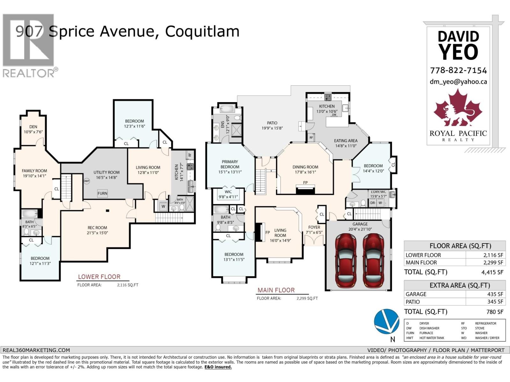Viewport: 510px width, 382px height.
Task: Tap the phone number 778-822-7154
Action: click(x=458, y=70)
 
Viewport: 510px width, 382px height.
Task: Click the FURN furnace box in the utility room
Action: click(x=102, y=193)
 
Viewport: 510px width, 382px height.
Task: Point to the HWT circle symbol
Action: click(x=87, y=181)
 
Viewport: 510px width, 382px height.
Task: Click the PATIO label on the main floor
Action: click(x=272, y=123)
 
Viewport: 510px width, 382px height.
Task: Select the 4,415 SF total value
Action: click(x=492, y=272)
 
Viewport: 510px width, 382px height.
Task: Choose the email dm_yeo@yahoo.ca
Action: click(x=458, y=82)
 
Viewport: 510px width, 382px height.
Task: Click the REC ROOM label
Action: click(x=97, y=228)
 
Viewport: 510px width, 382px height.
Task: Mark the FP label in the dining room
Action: click(x=305, y=183)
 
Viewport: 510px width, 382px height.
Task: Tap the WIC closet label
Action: click(x=228, y=192)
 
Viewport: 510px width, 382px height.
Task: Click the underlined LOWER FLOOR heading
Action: click(x=99, y=277)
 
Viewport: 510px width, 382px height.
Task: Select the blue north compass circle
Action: click(x=386, y=321)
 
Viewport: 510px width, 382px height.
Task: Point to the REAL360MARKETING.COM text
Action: click(x=36, y=350)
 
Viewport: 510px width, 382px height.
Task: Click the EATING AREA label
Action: click(x=346, y=141)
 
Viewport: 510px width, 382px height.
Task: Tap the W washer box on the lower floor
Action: click(x=163, y=206)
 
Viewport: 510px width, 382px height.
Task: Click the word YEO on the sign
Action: click(x=458, y=52)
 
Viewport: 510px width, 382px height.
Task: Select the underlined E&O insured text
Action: click(x=218, y=367)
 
